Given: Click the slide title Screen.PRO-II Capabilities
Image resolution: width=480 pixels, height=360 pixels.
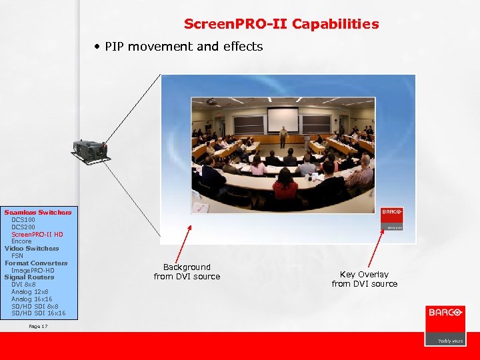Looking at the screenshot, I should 281,24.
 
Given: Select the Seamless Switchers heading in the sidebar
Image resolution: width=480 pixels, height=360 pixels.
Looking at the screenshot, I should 38,212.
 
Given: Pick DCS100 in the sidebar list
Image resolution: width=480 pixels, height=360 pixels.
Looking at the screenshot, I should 23,219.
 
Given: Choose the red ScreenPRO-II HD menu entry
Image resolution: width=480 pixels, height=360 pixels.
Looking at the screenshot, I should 37,234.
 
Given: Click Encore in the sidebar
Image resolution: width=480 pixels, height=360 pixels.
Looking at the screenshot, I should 21,241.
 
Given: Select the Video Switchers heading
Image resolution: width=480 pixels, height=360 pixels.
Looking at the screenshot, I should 31,248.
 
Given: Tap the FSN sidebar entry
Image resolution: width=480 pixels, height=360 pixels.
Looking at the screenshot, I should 17,255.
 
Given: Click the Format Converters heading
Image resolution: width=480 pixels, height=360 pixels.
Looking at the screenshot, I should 36,263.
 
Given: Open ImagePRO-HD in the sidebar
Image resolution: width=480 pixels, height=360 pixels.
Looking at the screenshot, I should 33,270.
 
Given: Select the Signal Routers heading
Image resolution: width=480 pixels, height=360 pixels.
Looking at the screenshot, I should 29,277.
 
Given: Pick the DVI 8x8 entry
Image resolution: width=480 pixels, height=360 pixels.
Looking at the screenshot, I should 23,284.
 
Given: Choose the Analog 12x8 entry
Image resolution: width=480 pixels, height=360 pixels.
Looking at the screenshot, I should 31,291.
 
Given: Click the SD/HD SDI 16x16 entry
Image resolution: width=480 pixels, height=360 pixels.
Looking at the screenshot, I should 38,313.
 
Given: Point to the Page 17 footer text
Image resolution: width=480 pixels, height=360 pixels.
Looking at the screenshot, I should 38,326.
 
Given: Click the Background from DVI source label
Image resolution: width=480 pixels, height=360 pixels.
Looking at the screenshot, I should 187,271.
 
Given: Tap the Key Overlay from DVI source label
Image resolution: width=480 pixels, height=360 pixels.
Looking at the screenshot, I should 364,279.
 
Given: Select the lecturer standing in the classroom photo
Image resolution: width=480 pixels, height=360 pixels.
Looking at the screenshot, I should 283,137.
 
